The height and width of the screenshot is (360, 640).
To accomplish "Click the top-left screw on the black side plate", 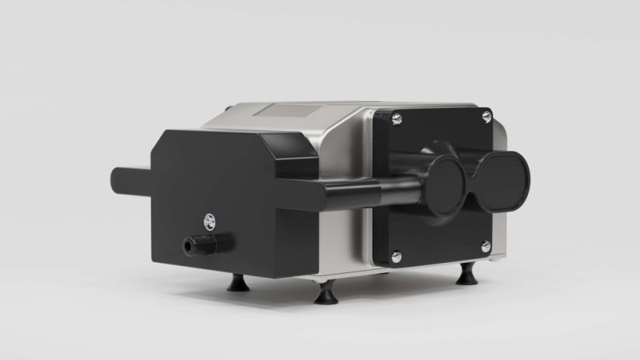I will (397, 117).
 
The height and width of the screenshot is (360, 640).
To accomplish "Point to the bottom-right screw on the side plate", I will (486, 246).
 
